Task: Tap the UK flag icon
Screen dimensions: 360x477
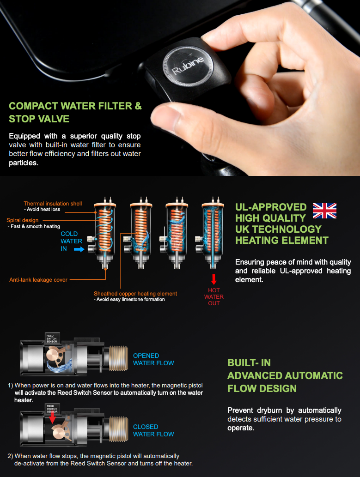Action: point(324,211)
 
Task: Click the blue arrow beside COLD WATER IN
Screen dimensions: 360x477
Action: point(79,249)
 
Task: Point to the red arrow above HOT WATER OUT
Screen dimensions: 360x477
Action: point(214,279)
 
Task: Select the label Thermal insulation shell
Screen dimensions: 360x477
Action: point(53,204)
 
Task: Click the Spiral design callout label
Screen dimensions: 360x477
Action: point(23,220)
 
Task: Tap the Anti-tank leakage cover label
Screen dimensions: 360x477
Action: point(38,280)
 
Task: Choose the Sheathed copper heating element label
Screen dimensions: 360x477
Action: point(135,294)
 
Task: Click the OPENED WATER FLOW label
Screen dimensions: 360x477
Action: point(153,359)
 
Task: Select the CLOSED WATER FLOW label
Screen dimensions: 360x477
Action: point(153,430)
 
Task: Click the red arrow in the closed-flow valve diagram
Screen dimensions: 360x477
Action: point(52,417)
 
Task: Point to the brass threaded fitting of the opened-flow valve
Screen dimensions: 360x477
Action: point(118,358)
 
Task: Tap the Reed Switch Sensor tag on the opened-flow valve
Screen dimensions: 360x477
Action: point(52,338)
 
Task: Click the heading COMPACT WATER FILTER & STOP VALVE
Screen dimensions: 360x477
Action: point(75,112)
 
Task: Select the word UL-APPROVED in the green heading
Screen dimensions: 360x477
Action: point(271,207)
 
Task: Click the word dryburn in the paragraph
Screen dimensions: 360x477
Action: point(269,411)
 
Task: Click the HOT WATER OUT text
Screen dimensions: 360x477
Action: point(214,297)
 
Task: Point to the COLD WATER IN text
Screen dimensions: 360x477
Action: point(71,241)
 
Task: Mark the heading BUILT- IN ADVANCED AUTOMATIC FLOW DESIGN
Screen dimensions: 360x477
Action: point(285,375)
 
